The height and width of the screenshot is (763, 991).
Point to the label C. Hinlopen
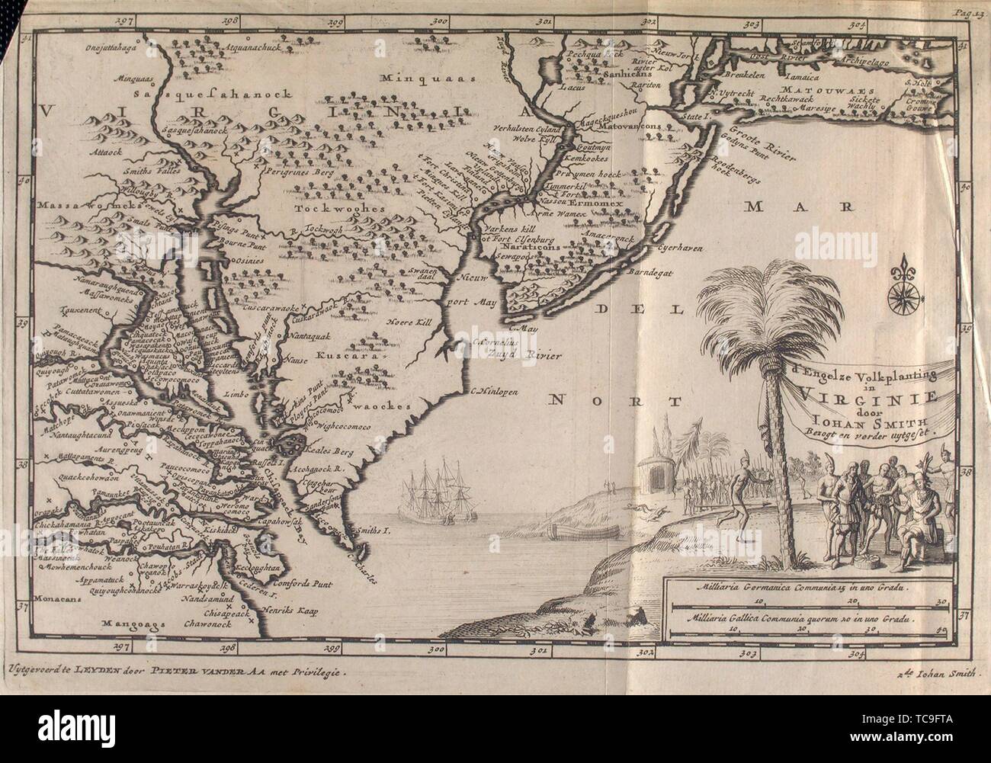coord(496,394)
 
